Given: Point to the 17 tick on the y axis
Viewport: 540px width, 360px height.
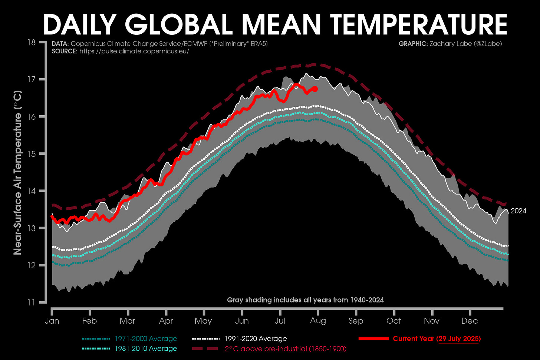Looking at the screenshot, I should click(32, 79).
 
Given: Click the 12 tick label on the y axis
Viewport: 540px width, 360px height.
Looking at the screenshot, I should click(32, 265).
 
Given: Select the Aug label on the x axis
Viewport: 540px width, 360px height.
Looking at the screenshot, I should click(318, 321).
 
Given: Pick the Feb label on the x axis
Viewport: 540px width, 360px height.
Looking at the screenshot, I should click(89, 321).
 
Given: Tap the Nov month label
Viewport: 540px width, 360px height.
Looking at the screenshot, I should click(431, 321).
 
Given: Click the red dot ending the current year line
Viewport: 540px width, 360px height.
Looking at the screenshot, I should click(315, 89).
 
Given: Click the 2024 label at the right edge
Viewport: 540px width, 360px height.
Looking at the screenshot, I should click(518, 211).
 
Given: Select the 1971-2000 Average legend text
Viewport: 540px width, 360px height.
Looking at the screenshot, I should click(146, 338).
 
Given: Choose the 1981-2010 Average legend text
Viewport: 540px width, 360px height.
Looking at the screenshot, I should click(146, 349).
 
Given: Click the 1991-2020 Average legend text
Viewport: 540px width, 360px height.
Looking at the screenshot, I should click(256, 338).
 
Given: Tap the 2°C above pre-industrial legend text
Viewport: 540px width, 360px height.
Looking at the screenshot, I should click(286, 349).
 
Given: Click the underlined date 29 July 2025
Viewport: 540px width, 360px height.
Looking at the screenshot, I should click(459, 338).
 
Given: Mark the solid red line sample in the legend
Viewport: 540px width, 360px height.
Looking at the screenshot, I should click(373, 338).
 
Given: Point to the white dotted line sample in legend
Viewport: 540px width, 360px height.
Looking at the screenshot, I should click(205, 338).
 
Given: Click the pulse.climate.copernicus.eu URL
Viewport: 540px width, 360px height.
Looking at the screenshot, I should click(134, 51).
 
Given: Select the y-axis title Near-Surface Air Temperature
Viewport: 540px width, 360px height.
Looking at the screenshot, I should click(17, 172).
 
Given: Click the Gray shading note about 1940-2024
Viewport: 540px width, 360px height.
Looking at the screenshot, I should click(305, 300).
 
